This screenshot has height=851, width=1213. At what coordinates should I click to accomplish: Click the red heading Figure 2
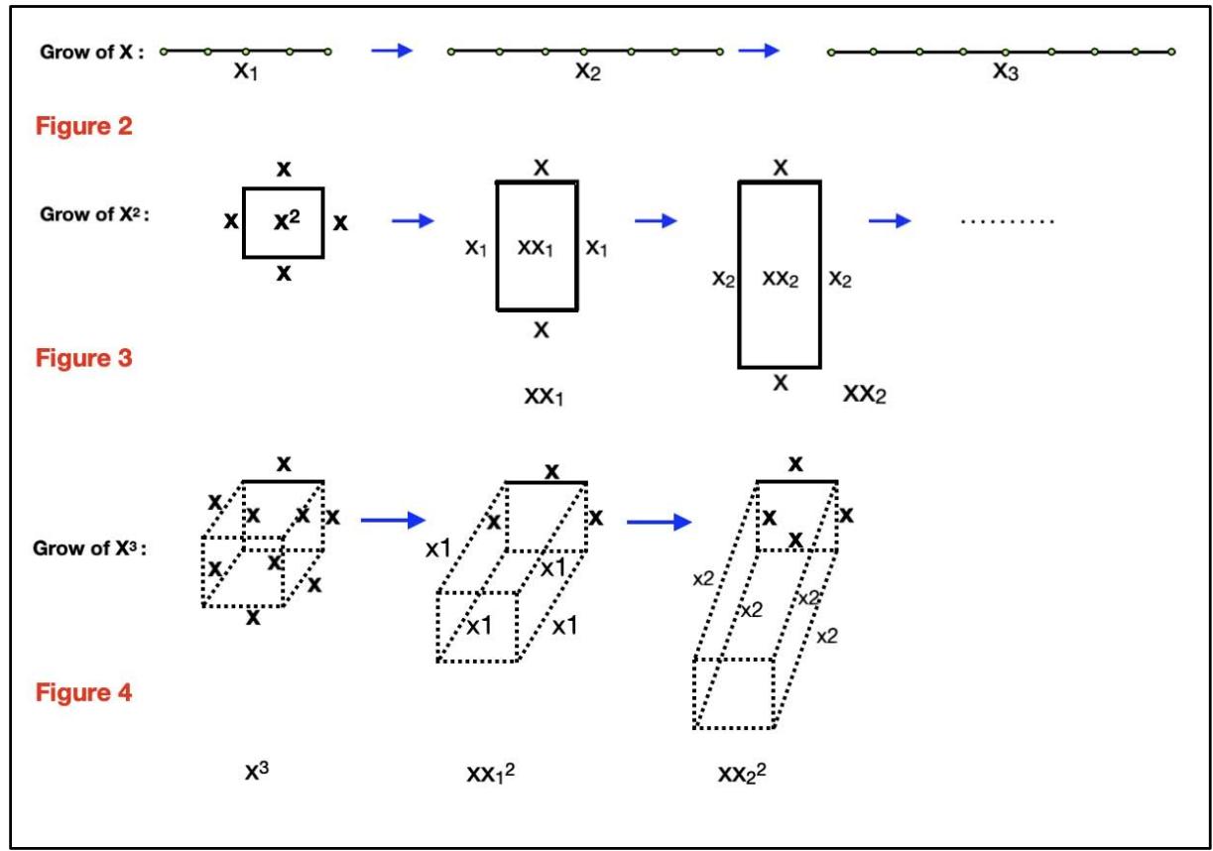click(x=84, y=128)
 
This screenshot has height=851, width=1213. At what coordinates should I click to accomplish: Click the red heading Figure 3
click(x=84, y=358)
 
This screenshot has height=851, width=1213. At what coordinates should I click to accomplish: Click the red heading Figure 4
click(x=84, y=691)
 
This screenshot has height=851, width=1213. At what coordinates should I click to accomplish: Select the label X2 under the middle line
click(x=587, y=73)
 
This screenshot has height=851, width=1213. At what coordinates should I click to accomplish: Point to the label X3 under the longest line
click(x=1005, y=73)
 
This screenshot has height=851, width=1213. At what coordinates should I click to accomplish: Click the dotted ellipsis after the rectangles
click(x=1007, y=221)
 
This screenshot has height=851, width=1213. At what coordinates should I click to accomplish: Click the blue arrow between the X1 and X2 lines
click(x=392, y=51)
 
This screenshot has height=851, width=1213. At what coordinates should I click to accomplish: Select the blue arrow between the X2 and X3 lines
click(x=759, y=51)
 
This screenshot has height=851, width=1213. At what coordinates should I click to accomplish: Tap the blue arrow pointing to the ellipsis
click(x=890, y=220)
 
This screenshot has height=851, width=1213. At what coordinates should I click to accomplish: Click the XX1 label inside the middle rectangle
click(x=537, y=248)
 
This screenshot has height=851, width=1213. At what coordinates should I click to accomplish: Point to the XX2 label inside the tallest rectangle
click(x=780, y=281)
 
